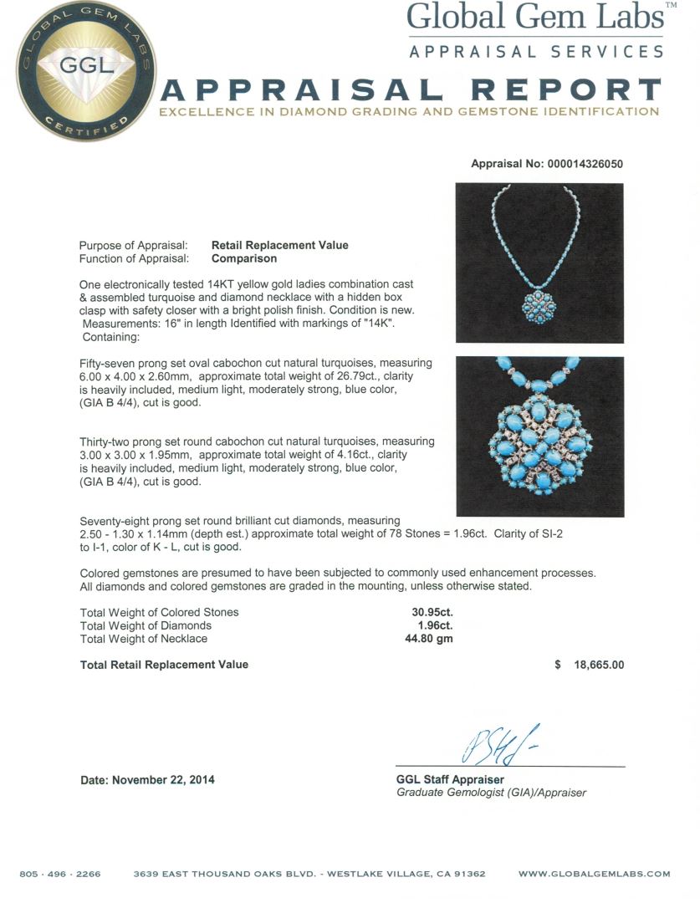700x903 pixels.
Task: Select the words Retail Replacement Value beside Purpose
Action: (279, 245)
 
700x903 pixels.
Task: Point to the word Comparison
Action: (244, 258)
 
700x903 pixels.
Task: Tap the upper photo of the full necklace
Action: (539, 263)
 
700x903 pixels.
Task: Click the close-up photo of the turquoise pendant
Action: (539, 436)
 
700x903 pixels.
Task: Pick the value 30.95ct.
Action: (429, 612)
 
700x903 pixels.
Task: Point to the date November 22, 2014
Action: (147, 780)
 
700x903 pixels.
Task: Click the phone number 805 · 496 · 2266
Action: (60, 874)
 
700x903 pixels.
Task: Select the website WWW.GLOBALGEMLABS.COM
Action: (594, 874)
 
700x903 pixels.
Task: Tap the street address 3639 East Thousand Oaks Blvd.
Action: (229, 874)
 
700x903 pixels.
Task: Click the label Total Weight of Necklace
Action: (143, 639)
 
